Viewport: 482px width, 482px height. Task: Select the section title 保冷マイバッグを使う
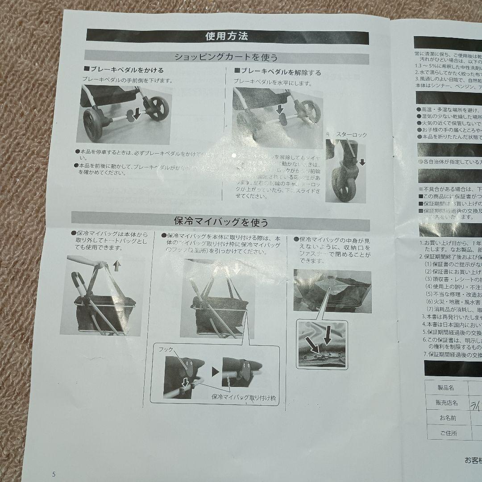pos(220,221)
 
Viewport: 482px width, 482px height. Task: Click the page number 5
pos(54,474)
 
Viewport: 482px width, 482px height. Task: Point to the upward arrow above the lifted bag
pos(117,266)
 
